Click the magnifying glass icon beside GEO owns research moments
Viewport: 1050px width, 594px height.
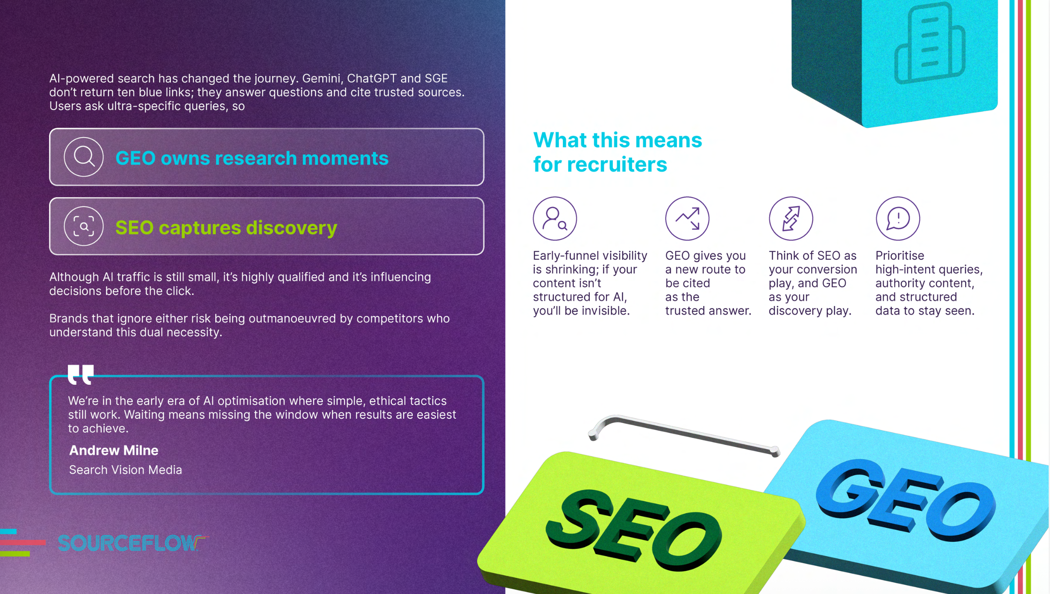coord(84,157)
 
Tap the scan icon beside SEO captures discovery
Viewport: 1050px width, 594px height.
coord(84,226)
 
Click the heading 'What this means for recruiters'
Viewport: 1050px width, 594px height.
coord(618,152)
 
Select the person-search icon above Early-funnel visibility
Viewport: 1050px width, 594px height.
coord(555,218)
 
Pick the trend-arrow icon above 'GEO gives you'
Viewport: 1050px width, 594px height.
coord(687,218)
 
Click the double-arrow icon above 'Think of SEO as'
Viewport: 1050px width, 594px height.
coord(791,218)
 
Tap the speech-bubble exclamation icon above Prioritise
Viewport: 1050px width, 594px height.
coord(898,218)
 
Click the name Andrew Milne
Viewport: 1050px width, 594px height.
coord(114,451)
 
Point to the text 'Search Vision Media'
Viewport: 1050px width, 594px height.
coord(125,470)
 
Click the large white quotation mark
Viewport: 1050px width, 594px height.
coord(81,374)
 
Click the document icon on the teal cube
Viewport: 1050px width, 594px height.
coord(930,42)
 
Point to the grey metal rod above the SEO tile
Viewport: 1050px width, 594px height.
coord(683,434)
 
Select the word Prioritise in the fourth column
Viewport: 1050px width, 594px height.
coord(900,256)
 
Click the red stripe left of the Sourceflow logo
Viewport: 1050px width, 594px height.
coord(23,542)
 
